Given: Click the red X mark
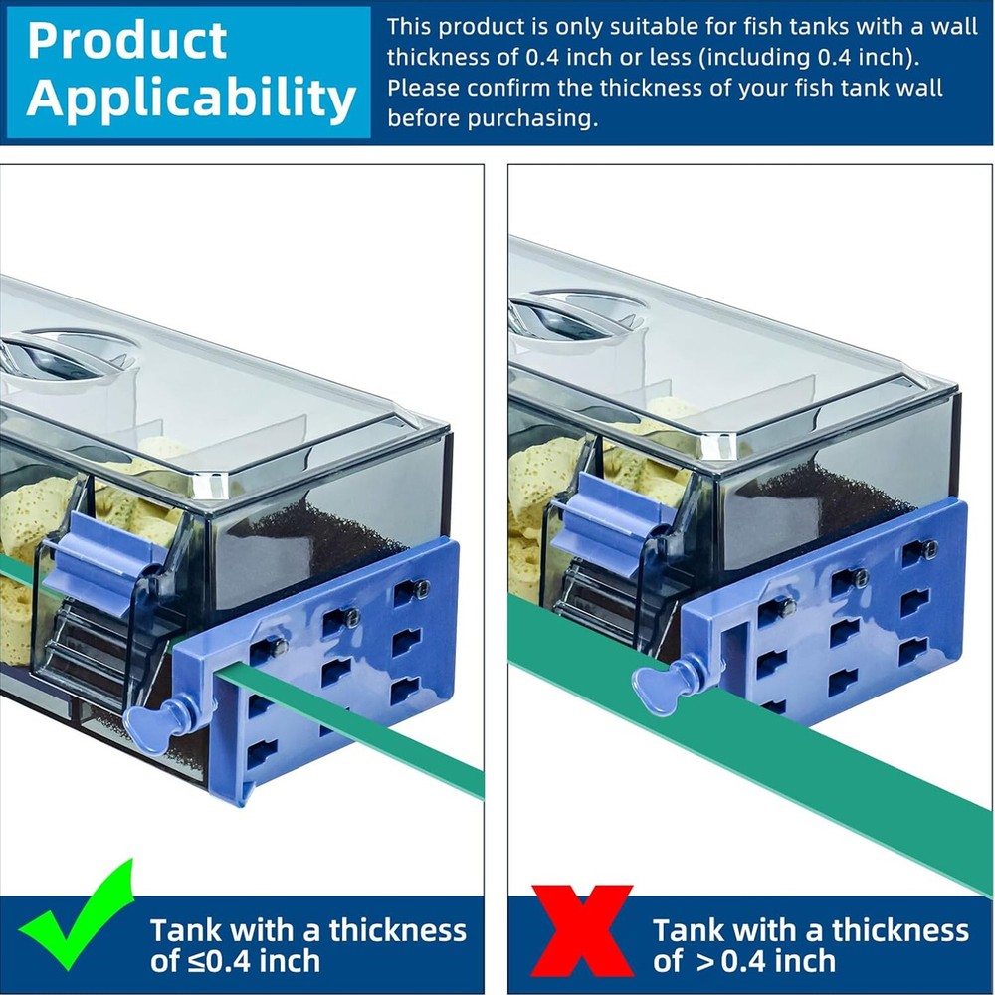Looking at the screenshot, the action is (582, 930).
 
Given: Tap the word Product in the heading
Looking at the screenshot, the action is (127, 41).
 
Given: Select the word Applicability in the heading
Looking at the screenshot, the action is (191, 98).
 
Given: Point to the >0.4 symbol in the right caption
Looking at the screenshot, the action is (728, 961).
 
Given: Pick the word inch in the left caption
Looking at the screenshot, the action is (290, 961).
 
